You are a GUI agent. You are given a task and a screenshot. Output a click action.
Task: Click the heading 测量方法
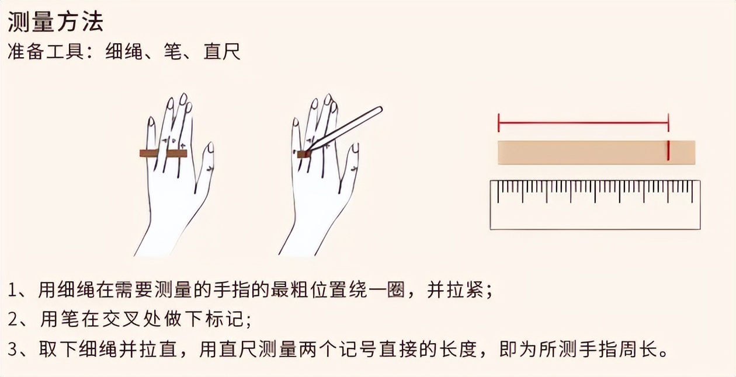click(55, 22)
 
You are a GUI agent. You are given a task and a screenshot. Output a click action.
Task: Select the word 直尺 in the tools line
click(221, 53)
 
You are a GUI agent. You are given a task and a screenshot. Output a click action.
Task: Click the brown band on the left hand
click(163, 153)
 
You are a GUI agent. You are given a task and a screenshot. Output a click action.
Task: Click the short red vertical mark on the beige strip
click(668, 151)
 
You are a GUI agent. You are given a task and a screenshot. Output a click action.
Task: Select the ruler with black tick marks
click(595, 204)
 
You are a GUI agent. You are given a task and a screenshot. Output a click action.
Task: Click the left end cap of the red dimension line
click(498, 123)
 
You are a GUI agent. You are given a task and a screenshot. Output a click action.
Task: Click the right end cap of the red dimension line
click(668, 123)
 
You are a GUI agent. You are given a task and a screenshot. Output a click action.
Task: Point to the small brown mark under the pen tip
click(303, 154)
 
